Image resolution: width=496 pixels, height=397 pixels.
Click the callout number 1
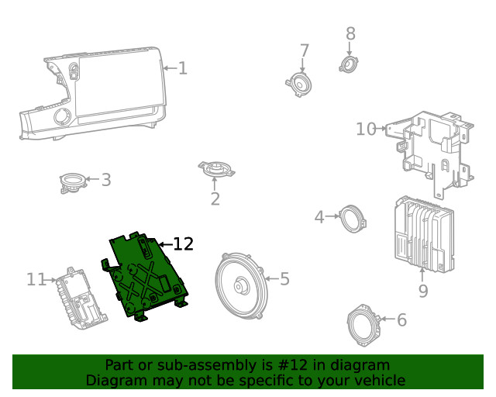tap(183, 68)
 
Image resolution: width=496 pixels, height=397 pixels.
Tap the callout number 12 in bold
tap(183, 244)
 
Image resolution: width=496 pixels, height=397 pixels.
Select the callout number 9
tap(422, 291)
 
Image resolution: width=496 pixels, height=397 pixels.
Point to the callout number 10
tap(366, 129)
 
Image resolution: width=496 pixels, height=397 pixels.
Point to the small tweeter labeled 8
tap(349, 64)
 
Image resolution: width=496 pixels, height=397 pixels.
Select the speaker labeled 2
tap(215, 169)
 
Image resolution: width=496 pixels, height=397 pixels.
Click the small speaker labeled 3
tap(73, 182)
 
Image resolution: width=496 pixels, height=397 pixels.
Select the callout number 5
tap(284, 278)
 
